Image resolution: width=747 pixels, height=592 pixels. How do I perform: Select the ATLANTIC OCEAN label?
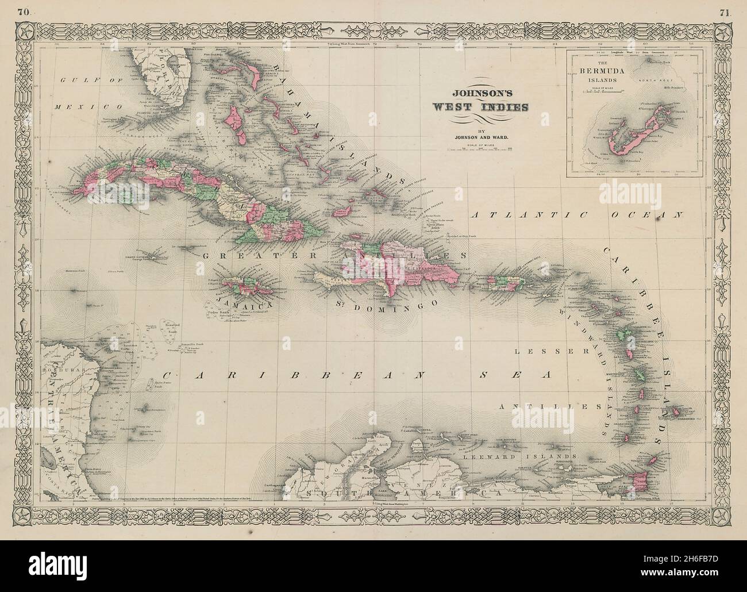tap(576, 215)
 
